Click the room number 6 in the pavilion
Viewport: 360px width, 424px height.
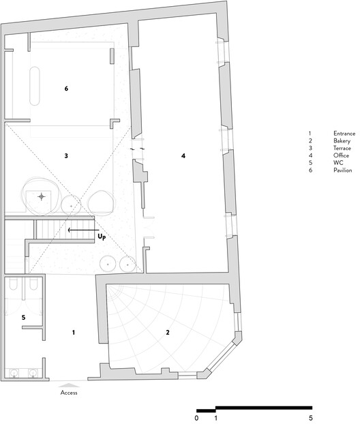66,89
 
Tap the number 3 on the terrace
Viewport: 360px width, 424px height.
66,155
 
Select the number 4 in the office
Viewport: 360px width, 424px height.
183,155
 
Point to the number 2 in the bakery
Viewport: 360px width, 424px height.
168,333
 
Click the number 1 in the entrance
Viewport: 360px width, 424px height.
74,333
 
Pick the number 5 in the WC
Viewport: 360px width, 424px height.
24,318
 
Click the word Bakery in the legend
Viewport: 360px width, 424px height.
342,141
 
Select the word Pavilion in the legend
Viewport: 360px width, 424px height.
343,170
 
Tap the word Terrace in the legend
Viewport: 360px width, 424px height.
342,148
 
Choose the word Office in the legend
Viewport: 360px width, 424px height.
341,155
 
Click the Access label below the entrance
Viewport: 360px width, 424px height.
69,393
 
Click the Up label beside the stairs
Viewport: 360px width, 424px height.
102,237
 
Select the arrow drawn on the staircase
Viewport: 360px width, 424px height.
84,230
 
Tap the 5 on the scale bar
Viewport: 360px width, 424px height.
311,418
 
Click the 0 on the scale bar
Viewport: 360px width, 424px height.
196,418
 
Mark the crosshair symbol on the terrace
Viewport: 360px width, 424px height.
42,196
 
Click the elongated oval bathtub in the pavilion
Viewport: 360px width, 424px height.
35,86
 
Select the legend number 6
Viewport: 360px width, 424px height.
310,170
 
